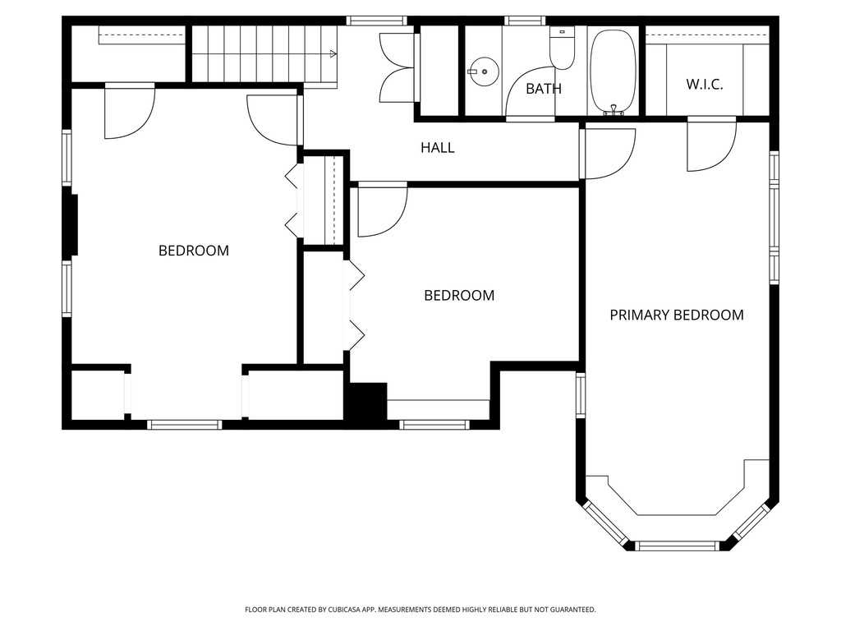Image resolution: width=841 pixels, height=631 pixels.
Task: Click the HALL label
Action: pyautogui.click(x=437, y=148)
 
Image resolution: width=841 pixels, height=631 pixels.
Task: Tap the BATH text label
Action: pyautogui.click(x=543, y=89)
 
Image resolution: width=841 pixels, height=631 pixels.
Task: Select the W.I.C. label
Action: pyautogui.click(x=704, y=85)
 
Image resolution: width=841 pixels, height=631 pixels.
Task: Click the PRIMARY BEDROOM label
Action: pyautogui.click(x=676, y=315)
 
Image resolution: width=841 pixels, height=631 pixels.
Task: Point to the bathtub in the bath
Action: pyautogui.click(x=613, y=71)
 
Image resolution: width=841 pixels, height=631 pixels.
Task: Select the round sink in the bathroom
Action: pyautogui.click(x=485, y=71)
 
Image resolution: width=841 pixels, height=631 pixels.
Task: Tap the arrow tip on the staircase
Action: pyautogui.click(x=333, y=54)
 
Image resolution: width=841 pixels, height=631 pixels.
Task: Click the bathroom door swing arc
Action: pyautogui.click(x=526, y=93)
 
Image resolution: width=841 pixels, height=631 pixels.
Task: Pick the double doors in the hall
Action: pyautogui.click(x=398, y=67)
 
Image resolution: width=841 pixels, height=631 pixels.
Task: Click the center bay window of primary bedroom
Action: pyautogui.click(x=678, y=546)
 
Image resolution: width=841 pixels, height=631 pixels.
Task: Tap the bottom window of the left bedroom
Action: pyautogui.click(x=184, y=425)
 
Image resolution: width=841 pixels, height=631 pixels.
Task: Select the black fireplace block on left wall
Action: pyautogui.click(x=71, y=224)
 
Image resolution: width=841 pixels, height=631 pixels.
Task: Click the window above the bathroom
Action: pyautogui.click(x=524, y=21)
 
